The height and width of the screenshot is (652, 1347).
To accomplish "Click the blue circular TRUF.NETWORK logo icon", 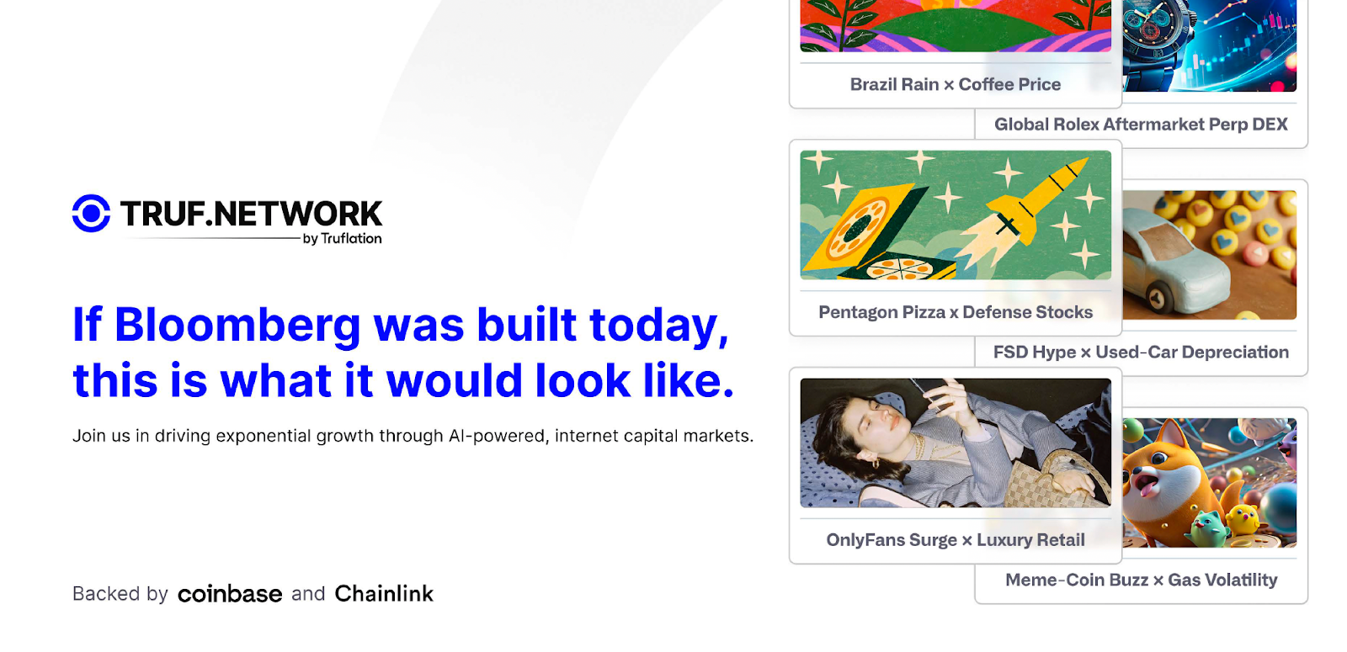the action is pyautogui.click(x=92, y=213).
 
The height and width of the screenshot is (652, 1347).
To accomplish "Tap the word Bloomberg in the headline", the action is pyautogui.click(x=237, y=326).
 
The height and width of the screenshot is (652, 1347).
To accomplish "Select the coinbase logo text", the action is pyautogui.click(x=230, y=594).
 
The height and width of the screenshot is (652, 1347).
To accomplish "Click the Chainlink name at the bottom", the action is pyautogui.click(x=384, y=594).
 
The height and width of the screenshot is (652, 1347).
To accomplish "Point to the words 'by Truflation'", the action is pyautogui.click(x=342, y=239).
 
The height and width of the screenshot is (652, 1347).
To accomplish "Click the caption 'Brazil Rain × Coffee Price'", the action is pyautogui.click(x=955, y=84).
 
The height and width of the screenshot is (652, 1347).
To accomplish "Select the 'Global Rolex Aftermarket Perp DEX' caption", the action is pyautogui.click(x=1141, y=125).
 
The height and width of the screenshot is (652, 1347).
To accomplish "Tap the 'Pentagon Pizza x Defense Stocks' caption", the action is pyautogui.click(x=956, y=312).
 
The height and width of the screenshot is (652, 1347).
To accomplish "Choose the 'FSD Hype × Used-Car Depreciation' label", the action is pyautogui.click(x=1141, y=353).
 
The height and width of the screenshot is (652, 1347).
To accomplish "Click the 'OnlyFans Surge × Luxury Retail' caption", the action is pyautogui.click(x=956, y=540).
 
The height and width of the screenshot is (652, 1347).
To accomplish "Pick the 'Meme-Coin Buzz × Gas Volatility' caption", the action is pyautogui.click(x=1142, y=580).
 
